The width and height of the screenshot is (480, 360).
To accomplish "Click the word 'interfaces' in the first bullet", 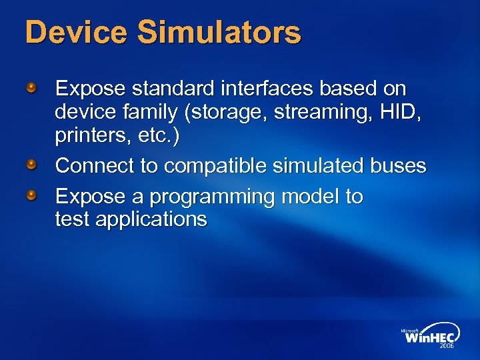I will (254, 89).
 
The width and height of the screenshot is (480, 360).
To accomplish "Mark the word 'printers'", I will (93, 135).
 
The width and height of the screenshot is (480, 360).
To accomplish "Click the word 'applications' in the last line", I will (151, 219).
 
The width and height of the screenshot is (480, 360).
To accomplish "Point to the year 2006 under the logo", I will (445, 347).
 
